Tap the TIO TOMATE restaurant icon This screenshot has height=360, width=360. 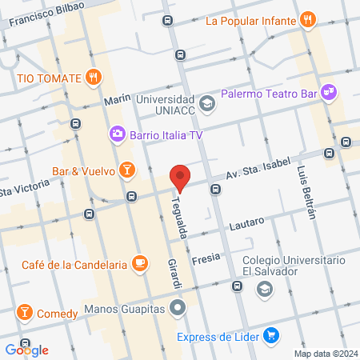click(x=94, y=78)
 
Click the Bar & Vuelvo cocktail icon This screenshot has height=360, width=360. click(x=126, y=170)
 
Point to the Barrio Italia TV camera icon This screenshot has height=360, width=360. click(x=118, y=134)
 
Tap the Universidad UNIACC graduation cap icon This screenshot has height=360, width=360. click(x=207, y=103)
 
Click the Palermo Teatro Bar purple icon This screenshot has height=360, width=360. click(x=329, y=94)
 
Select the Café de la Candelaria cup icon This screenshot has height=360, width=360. click(x=139, y=262)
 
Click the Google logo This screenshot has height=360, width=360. click(x=26, y=350)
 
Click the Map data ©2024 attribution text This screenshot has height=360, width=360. click(x=324, y=354)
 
